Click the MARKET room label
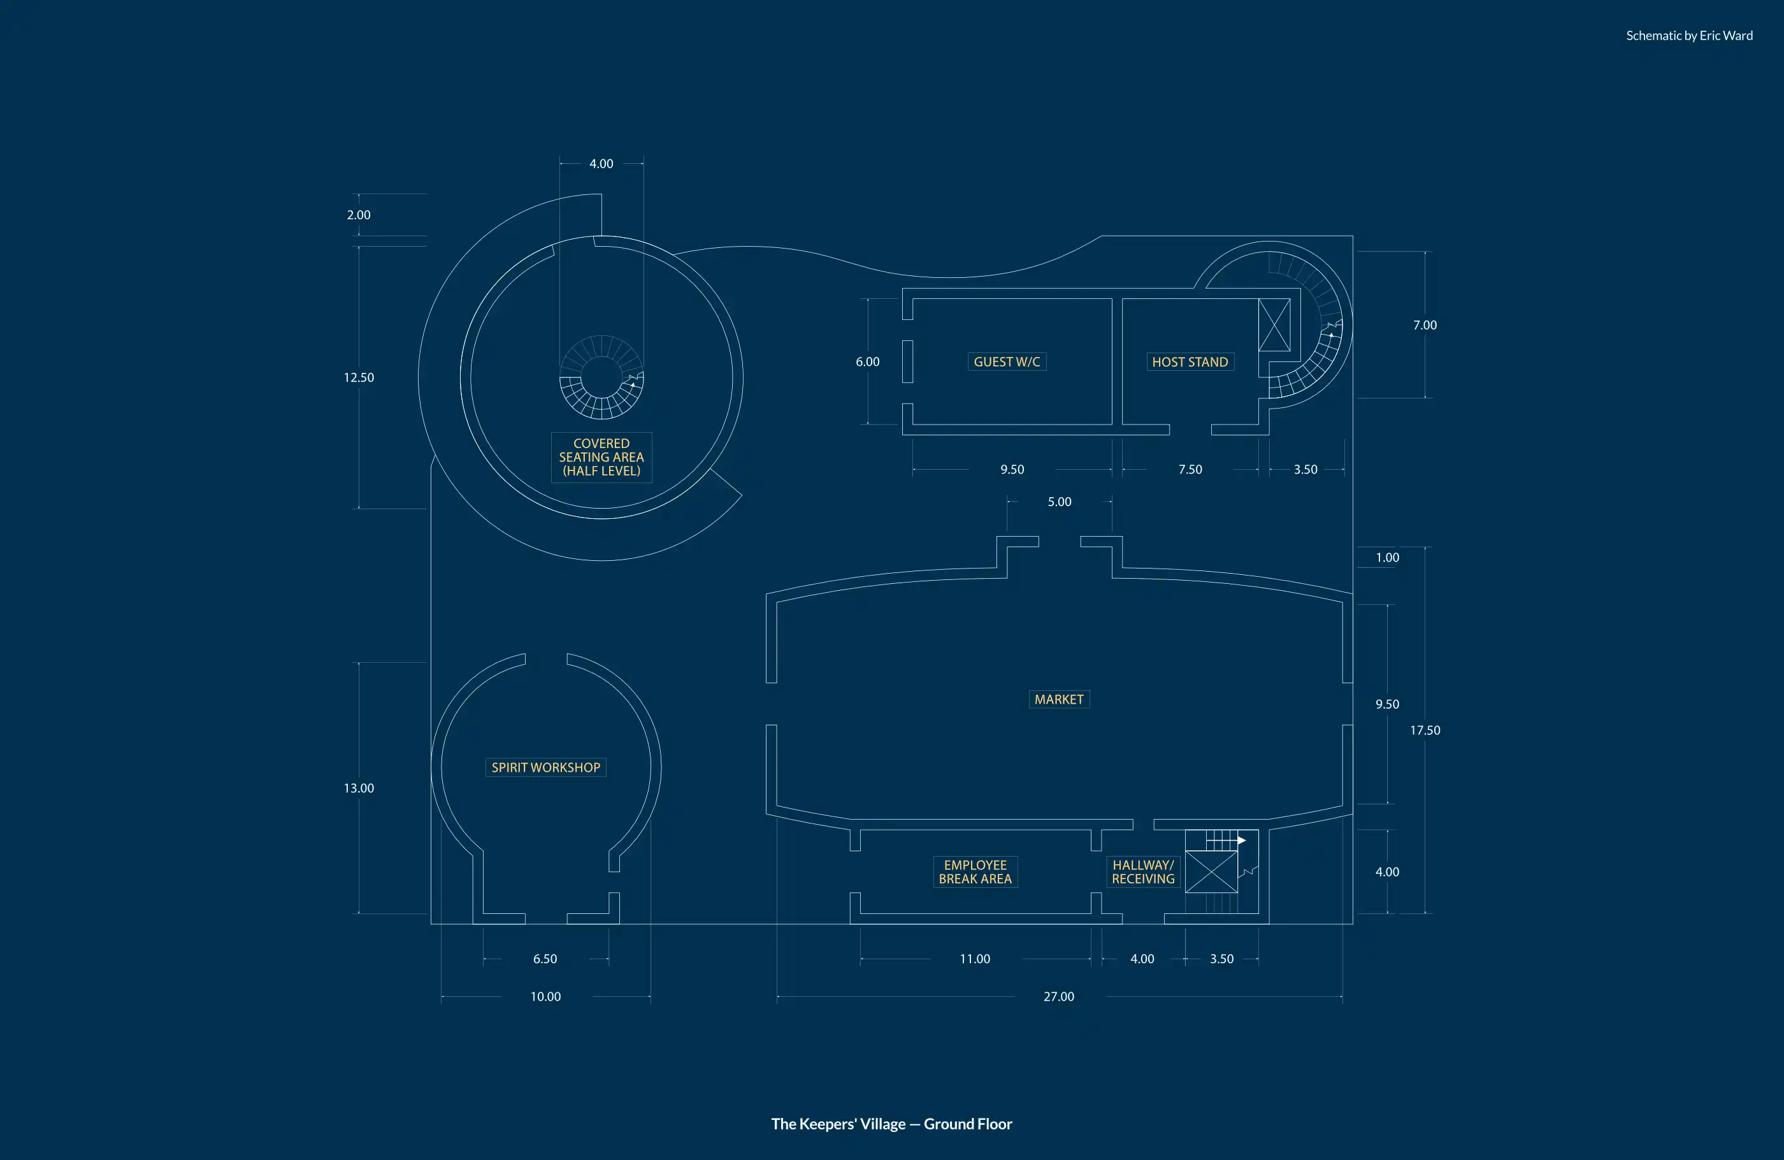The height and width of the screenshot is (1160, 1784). click(1058, 699)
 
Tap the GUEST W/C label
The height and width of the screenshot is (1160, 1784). click(1006, 361)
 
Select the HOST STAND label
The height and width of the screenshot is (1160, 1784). click(1190, 361)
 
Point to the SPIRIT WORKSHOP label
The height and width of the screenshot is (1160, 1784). click(545, 767)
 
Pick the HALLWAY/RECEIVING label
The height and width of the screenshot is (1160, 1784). click(1142, 871)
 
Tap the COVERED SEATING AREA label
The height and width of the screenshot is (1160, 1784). click(601, 456)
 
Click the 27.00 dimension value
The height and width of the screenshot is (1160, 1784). click(1058, 996)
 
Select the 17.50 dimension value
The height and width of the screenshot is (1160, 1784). click(1424, 730)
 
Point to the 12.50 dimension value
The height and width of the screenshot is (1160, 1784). click(358, 377)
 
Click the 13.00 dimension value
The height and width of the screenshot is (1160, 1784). click(358, 787)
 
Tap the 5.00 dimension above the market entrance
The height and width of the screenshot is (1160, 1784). click(1059, 502)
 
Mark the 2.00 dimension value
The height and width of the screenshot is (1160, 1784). click(358, 214)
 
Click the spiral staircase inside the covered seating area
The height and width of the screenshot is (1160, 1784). click(601, 377)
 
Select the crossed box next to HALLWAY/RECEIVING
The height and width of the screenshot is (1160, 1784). click(1211, 871)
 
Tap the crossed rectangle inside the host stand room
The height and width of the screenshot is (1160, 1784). click(1274, 324)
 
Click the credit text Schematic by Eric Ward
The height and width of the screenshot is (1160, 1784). click(1689, 35)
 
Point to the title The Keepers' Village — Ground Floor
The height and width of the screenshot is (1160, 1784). click(891, 1123)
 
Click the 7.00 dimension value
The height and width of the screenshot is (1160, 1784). click(1424, 324)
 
